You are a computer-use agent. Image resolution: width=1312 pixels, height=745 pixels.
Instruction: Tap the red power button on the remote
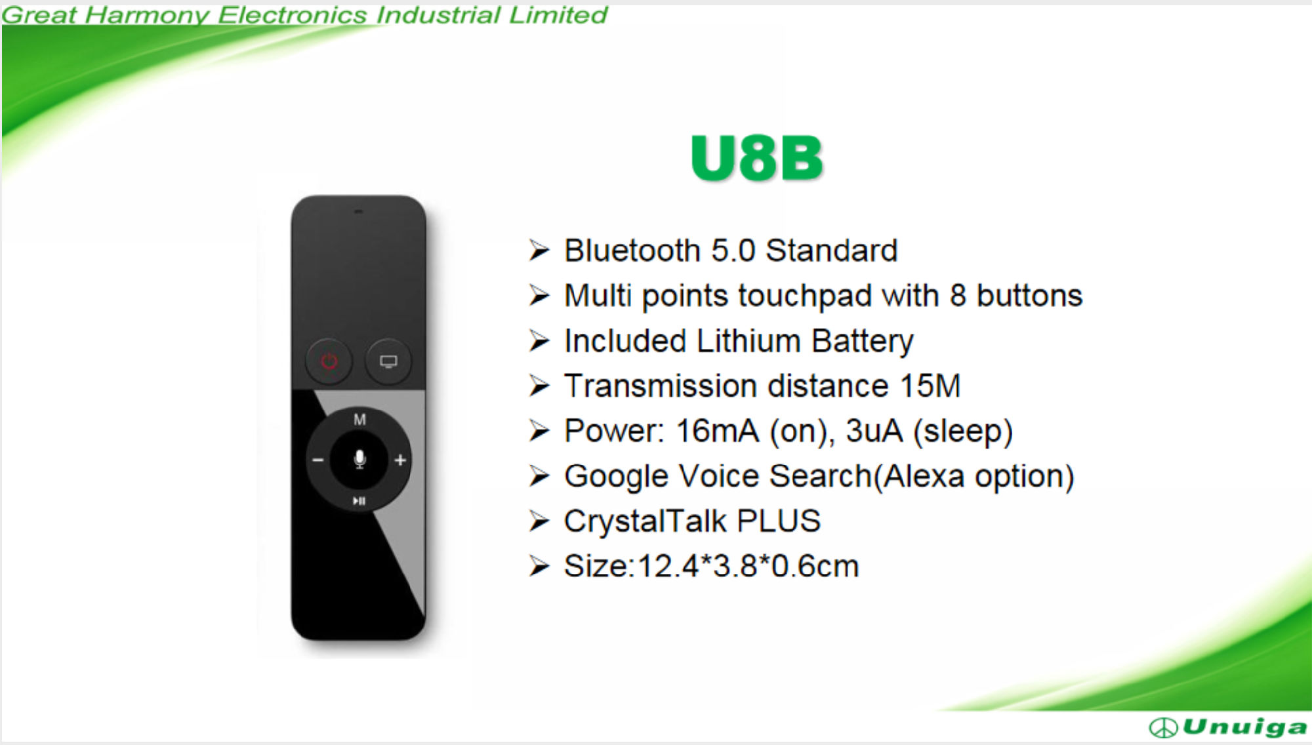[329, 361]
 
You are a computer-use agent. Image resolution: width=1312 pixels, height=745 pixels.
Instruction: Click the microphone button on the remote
[359, 459]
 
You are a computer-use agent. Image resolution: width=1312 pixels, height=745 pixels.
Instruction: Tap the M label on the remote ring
[359, 419]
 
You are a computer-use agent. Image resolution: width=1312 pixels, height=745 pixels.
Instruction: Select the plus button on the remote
[400, 460]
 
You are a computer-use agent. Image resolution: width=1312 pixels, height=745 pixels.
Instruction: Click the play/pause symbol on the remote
[359, 501]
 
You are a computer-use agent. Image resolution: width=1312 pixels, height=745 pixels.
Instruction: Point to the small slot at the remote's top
[358, 212]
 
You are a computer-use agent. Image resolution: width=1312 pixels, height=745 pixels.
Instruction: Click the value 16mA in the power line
[718, 432]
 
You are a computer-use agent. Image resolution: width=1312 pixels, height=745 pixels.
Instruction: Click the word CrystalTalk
[646, 521]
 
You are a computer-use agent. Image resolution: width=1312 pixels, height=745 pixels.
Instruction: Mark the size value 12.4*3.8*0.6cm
[748, 566]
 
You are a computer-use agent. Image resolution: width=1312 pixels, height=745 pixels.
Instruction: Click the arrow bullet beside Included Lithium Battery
[539, 341]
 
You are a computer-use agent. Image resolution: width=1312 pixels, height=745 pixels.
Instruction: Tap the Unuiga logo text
[1244, 727]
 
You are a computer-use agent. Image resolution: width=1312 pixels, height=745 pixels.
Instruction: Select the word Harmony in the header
[147, 15]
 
